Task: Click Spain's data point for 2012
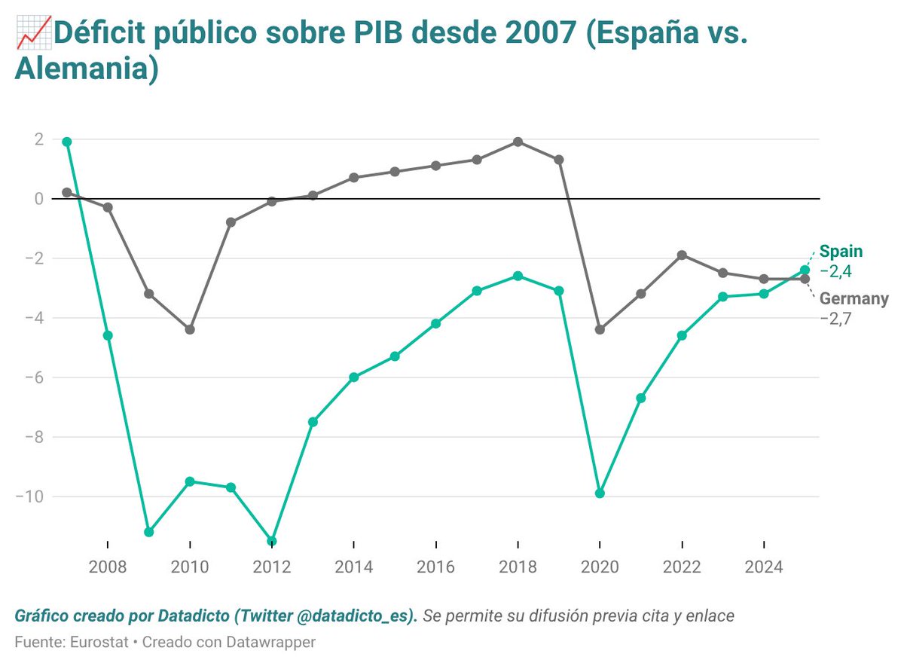tap(272, 541)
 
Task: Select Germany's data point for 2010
tap(190, 329)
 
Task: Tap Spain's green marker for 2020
tap(600, 493)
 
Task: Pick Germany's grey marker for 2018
tap(518, 142)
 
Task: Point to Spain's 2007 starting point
tap(67, 142)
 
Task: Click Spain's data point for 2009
tap(149, 532)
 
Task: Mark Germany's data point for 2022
tap(682, 255)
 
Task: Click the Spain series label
tap(841, 252)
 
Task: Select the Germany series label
tap(854, 298)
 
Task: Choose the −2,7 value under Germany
tap(835, 318)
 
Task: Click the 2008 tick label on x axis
tap(108, 567)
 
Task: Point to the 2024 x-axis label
tap(764, 567)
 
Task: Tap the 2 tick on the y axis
tap(37, 139)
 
